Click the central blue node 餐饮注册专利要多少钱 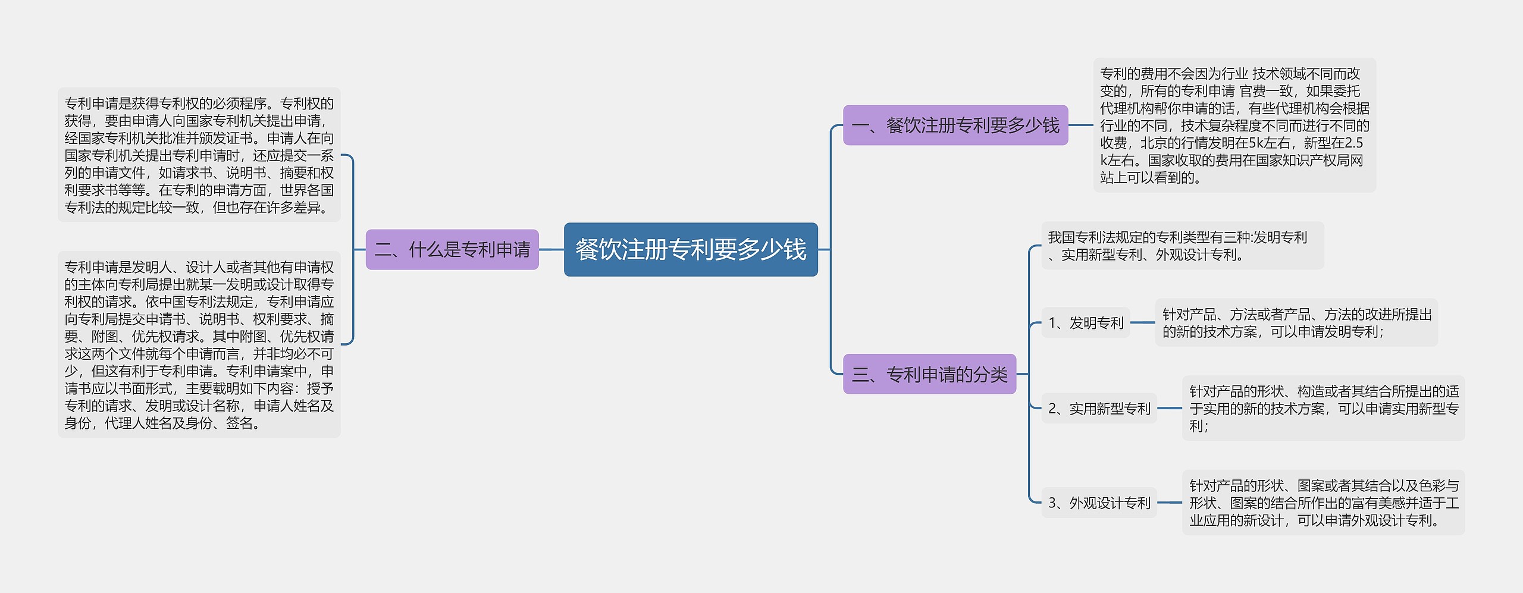[691, 249]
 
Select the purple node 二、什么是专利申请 [452, 249]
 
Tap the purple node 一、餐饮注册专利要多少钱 [955, 125]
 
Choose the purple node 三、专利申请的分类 [929, 374]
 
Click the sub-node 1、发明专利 [1085, 323]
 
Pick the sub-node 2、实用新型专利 [1099, 409]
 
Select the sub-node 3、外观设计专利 [1099, 503]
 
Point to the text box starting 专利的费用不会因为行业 [1234, 125]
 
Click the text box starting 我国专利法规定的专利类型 [1182, 246]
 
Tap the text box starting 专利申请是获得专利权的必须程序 [199, 155]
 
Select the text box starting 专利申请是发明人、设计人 [199, 345]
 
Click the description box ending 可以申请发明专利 [1296, 323]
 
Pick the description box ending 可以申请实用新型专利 [1323, 409]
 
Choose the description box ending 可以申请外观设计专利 [1323, 503]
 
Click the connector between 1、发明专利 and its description [1142, 323]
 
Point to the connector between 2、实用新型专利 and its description [1170, 409]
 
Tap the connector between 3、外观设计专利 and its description [1170, 503]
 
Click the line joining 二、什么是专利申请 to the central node [551, 249]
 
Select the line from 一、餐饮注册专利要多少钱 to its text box [1081, 125]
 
